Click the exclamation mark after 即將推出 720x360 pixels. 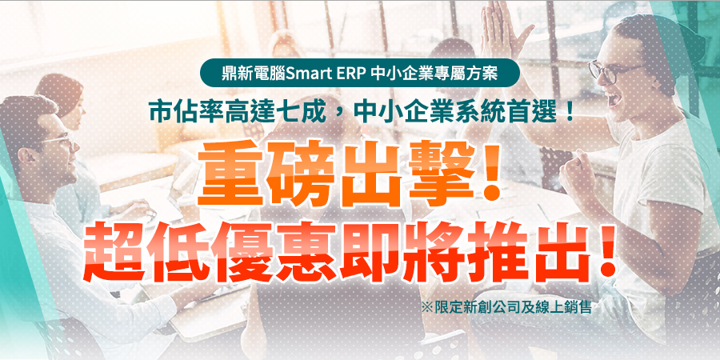coord(606,252)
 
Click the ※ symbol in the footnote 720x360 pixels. coord(427,306)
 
